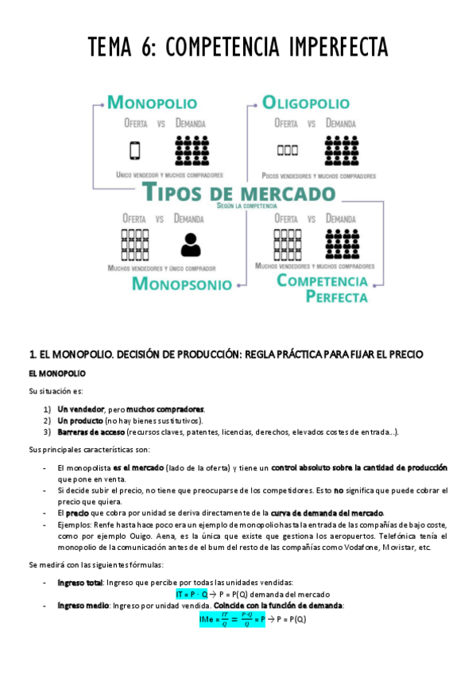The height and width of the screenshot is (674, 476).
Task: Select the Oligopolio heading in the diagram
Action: click(305, 103)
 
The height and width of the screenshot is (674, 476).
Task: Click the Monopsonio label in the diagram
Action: click(182, 284)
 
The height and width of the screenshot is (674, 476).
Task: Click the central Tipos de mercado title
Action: click(238, 193)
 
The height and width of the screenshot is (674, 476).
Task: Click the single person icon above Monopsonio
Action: click(191, 244)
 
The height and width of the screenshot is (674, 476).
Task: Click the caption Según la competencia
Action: click(239, 206)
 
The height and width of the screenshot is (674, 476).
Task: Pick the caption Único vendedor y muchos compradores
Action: click(168, 174)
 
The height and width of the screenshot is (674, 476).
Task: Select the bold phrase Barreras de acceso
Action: click(87, 432)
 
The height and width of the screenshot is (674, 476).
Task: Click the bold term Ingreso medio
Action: click(83, 606)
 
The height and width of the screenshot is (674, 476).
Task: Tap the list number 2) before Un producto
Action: click(48, 420)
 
